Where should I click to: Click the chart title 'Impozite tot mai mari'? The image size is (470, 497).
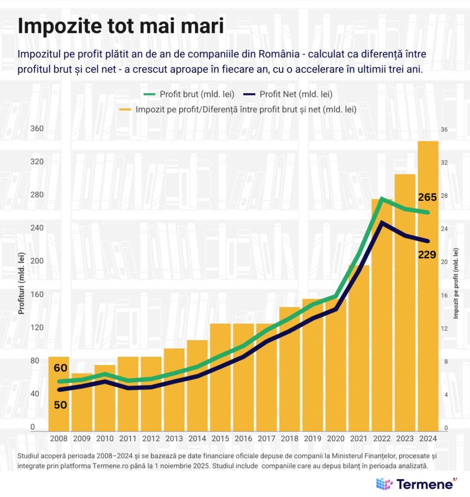pyautogui.click(x=121, y=26)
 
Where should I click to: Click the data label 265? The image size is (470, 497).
pyautogui.click(x=427, y=197)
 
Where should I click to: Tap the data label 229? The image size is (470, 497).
pyautogui.click(x=427, y=254)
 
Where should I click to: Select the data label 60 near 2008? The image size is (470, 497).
pyautogui.click(x=60, y=368)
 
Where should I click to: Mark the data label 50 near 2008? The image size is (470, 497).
pyautogui.click(x=60, y=404)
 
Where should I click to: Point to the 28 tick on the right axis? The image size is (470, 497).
pyautogui.click(x=444, y=195)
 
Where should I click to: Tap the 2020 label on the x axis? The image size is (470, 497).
pyautogui.click(x=336, y=438)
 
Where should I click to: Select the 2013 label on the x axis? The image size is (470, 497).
pyautogui.click(x=174, y=438)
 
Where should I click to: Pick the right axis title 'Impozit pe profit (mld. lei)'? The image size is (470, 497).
pyautogui.click(x=456, y=283)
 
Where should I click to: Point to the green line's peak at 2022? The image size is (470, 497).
pyautogui.click(x=382, y=198)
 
